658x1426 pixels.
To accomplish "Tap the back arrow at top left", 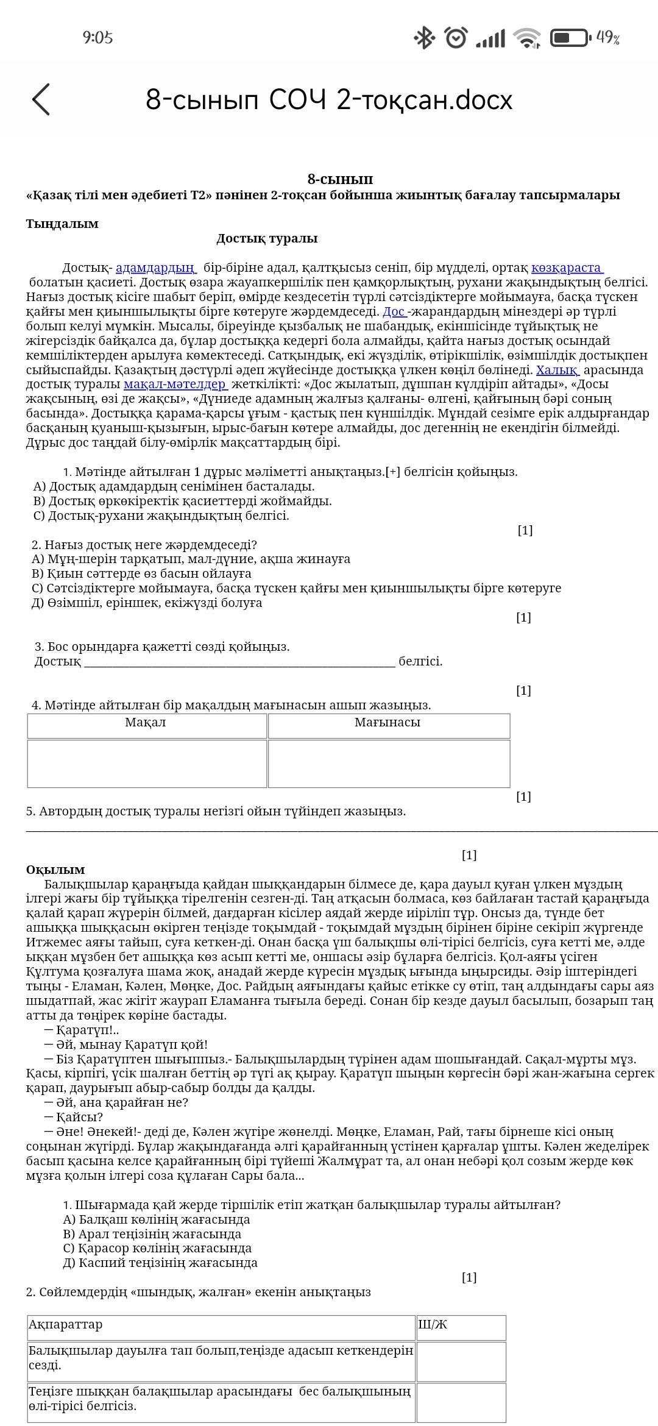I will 41,99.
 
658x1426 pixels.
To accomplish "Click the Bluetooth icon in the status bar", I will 423,38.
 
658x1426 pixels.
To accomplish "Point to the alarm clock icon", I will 456,38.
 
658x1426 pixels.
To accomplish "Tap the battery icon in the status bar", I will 570,38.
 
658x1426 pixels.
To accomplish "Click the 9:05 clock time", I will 97,38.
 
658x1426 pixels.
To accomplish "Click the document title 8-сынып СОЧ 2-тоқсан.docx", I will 329,100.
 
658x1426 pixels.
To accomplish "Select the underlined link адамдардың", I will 155,268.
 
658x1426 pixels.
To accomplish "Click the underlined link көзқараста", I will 567,268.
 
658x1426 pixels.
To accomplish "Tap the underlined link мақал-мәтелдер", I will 175,385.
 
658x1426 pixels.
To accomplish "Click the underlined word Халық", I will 557,370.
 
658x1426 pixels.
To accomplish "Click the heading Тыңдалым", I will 62,224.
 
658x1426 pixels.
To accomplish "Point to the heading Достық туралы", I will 267,239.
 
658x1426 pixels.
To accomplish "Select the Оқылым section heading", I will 55,870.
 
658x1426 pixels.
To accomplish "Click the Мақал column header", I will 146,723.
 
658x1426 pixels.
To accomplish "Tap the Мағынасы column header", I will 387,723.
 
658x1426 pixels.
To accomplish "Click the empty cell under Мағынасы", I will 389,764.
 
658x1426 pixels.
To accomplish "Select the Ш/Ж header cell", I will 461,1325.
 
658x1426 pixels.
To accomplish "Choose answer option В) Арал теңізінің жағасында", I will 152,1234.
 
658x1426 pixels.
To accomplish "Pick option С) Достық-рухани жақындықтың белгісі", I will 161,516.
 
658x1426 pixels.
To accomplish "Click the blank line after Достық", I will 239,662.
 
